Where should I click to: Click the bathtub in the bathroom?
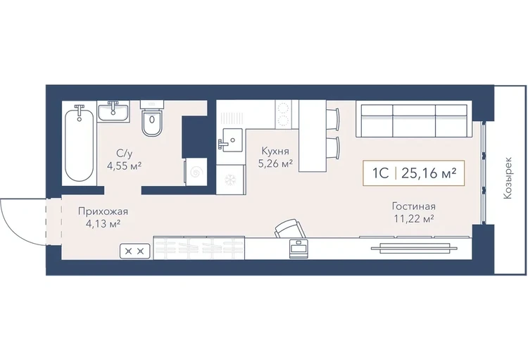point(79,143)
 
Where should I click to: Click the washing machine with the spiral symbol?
point(196,172)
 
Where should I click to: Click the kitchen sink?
point(230,140)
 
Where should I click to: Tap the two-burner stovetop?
point(283,114)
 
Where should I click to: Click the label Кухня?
point(275,151)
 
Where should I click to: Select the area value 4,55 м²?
point(124,166)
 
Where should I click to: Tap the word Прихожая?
point(103,211)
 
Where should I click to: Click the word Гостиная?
point(413,206)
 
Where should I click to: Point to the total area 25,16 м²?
point(429,173)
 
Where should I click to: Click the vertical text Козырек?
point(508,178)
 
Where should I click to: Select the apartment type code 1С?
point(380,173)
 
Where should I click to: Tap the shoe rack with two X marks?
point(134,251)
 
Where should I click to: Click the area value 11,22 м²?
point(413,219)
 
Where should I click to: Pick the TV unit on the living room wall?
point(414,249)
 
